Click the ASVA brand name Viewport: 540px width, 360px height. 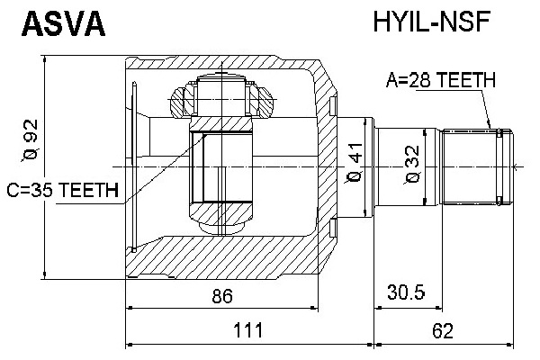click(x=63, y=23)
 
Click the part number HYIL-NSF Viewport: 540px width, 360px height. click(x=432, y=22)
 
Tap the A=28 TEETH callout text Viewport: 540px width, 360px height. click(x=441, y=80)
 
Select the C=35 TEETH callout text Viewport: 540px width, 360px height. click(x=63, y=190)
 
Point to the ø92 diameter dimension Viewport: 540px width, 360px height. click(x=31, y=140)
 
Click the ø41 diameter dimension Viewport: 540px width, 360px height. click(x=354, y=163)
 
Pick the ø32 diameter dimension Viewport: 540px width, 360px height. click(x=412, y=165)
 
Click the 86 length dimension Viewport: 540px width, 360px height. click(x=222, y=295)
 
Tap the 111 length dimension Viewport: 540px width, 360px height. click(x=248, y=329)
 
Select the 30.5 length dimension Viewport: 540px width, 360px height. click(x=406, y=292)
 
